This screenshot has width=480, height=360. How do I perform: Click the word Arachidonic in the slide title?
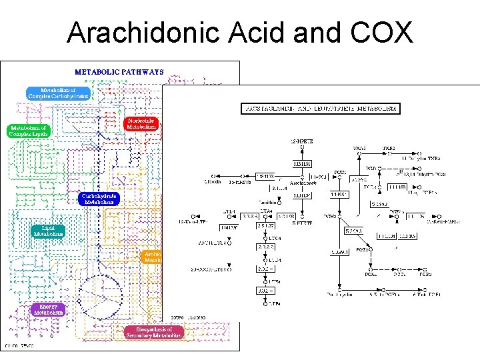131,33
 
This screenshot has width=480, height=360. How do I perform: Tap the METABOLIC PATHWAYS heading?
119,71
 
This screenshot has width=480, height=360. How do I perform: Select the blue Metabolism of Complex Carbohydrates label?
58,93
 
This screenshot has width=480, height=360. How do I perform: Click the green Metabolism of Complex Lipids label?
29,131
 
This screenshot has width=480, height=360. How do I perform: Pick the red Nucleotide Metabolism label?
141,123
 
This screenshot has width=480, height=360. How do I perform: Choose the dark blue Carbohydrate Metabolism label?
99,199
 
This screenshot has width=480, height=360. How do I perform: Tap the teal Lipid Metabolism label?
49,231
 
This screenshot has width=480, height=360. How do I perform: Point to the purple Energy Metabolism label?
49,309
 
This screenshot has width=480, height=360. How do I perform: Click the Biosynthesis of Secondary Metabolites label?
154,332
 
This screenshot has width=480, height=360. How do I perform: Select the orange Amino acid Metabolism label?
153,257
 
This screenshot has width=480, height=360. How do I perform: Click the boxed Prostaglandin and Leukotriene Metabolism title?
321,108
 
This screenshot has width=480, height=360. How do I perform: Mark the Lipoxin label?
211,181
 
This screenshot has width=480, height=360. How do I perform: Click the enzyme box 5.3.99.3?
353,231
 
